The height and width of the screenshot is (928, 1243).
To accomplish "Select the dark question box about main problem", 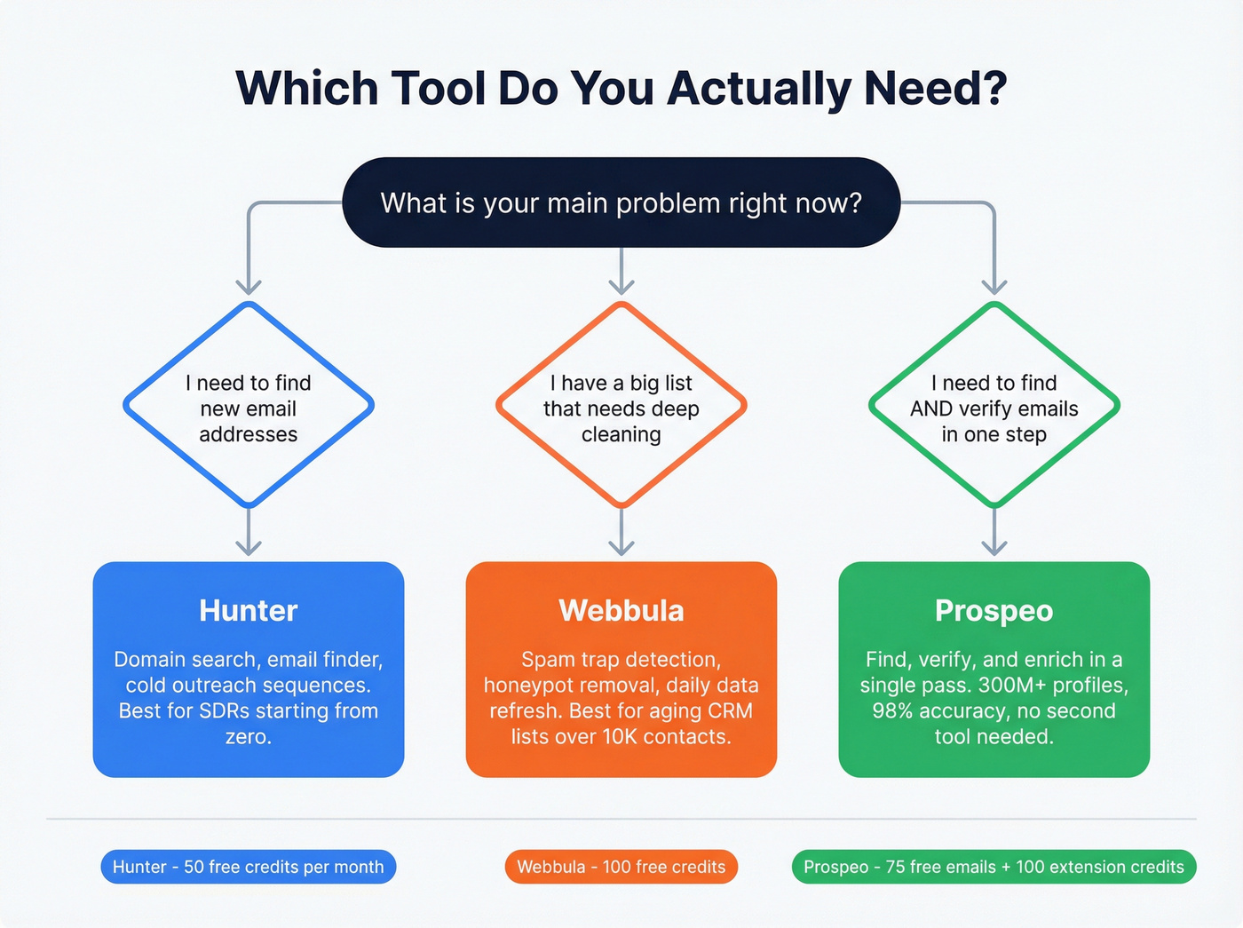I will point(621,202).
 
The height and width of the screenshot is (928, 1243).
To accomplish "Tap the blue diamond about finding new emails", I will point(249,406).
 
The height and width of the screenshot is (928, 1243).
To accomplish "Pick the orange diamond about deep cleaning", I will point(621,406).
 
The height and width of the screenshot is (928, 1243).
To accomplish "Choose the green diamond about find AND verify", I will point(994,406).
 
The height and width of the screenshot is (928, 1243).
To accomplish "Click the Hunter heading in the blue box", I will point(249,611).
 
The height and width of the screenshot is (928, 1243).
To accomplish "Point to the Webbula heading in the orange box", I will point(621,611).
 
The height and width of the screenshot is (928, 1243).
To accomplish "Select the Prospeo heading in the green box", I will point(994,611).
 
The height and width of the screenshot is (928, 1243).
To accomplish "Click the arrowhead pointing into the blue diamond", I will point(249,286).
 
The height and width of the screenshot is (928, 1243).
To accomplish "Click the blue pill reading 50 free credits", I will point(249,867).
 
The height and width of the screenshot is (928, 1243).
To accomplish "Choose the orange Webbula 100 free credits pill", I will point(621,867).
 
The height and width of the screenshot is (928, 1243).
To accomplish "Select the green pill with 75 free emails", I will point(994,867).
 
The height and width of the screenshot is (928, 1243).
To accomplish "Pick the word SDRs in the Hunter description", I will point(225,711).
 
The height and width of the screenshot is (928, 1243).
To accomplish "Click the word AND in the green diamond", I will point(931,409).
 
